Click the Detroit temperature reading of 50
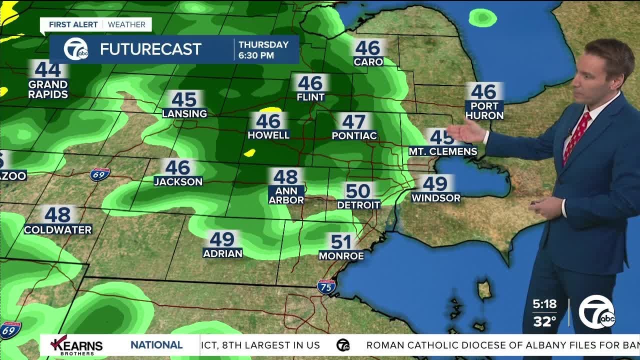[358, 191]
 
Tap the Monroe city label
[341, 256]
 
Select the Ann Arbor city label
[286, 195]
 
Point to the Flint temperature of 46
[310, 83]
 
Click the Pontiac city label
[354, 136]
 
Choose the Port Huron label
[484, 110]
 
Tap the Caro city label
[368, 62]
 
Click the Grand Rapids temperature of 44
[48, 69]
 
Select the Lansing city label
[184, 114]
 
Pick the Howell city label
[268, 135]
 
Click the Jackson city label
[178, 182]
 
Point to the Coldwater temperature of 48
[57, 215]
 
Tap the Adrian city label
[222, 253]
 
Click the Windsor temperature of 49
[435, 184]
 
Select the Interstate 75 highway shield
[326, 286]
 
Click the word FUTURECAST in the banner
[150, 49]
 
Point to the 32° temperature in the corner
[545, 321]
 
